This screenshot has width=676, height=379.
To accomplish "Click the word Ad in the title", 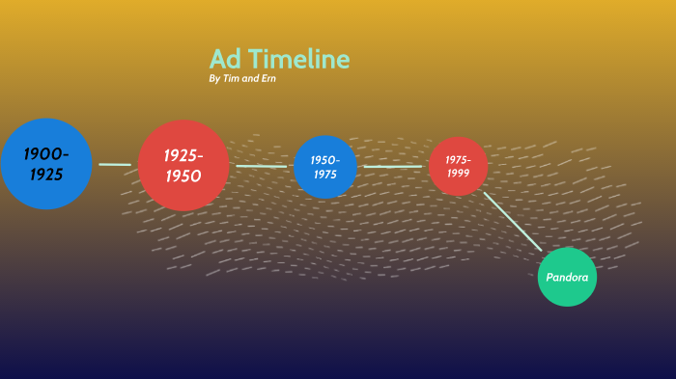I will (x=225, y=60).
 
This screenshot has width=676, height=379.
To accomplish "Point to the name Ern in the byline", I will (x=267, y=78).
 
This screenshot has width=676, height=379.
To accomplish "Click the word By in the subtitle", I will (x=213, y=78).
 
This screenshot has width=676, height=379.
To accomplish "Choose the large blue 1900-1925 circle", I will (x=46, y=164).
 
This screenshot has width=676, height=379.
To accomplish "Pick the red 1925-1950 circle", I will (x=183, y=165).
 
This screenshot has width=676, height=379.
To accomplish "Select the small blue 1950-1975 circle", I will (x=325, y=167).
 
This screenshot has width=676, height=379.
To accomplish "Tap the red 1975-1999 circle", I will (x=458, y=166).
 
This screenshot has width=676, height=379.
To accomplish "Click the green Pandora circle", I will (x=567, y=277).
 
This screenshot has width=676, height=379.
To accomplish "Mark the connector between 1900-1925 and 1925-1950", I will (x=115, y=165).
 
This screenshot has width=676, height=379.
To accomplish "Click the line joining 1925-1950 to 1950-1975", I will (x=262, y=166).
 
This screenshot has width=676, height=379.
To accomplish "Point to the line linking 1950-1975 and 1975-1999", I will (x=392, y=167).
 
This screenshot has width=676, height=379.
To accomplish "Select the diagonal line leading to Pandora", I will (x=513, y=221).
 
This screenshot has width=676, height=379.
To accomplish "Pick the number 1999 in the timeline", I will (x=458, y=173).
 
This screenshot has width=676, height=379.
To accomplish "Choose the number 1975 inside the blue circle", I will (x=325, y=175).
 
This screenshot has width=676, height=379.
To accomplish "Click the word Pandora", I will (x=567, y=278).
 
